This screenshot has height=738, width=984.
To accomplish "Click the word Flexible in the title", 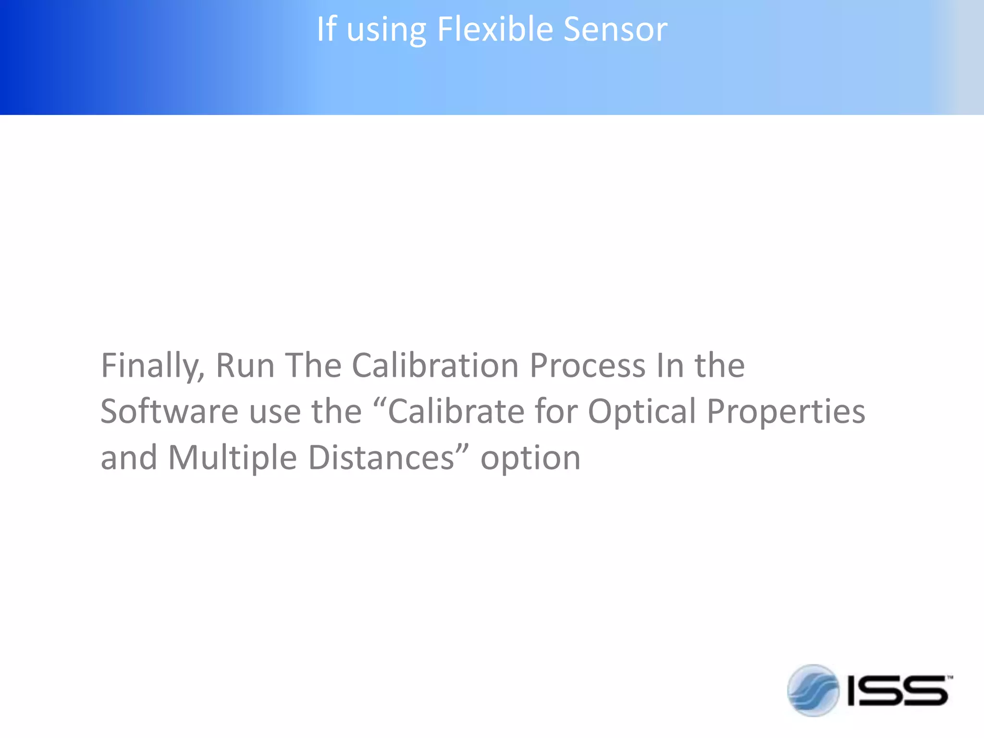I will (495, 30).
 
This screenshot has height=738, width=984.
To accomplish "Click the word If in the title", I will (326, 30).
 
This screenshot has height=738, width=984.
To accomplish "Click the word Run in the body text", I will (245, 366).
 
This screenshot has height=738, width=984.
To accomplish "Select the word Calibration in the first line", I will (435, 366).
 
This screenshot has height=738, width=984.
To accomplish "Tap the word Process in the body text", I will (587, 366).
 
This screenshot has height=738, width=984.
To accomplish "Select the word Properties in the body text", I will (786, 413).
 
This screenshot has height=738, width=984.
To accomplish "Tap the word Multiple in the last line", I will (232, 458).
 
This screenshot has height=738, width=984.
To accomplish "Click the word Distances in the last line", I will (381, 458).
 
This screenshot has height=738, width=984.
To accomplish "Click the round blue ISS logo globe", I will (813, 690).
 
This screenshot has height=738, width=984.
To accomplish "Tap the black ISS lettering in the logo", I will (897, 691).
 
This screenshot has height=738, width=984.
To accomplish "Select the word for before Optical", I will (556, 412).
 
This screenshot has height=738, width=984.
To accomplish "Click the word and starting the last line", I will (129, 458).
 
